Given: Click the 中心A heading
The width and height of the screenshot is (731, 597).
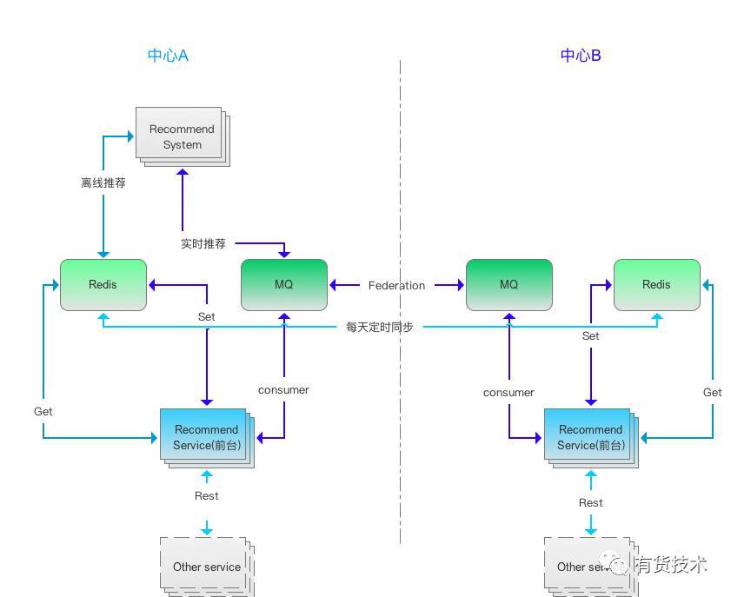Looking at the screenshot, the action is (x=168, y=56).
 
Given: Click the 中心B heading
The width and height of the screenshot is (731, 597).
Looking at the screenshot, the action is (x=581, y=56).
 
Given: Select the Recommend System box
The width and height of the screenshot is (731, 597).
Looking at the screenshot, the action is (x=183, y=136).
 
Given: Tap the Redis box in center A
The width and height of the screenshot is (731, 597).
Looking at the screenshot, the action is (x=103, y=285).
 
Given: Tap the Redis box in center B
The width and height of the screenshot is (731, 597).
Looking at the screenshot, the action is (x=657, y=285).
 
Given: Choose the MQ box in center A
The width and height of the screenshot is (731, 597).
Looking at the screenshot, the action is (x=284, y=285).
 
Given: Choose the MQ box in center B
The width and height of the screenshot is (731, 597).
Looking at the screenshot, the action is (x=509, y=285).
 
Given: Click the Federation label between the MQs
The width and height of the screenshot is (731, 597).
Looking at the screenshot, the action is (x=396, y=285).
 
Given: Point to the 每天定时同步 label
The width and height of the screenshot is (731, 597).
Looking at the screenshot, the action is (x=380, y=327).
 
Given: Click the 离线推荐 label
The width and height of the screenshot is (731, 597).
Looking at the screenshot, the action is (x=103, y=182).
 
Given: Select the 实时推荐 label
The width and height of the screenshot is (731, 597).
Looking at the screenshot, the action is (x=203, y=243).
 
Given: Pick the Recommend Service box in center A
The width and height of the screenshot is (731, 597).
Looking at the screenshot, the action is (x=207, y=438).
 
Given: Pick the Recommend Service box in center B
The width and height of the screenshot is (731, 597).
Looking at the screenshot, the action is (x=591, y=438).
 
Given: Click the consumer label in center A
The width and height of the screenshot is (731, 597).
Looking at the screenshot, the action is (x=283, y=390).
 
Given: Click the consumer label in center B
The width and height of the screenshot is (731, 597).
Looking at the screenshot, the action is (x=508, y=393).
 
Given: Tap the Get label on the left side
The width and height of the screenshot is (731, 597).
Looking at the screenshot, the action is (x=43, y=412).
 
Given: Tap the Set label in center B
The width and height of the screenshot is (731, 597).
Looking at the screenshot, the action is (x=591, y=336).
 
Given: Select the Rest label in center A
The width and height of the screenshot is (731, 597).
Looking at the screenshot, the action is (x=207, y=496).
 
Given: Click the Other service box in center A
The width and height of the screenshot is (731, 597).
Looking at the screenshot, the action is (x=207, y=567).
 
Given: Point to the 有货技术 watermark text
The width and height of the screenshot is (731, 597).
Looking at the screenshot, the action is (x=670, y=565).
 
